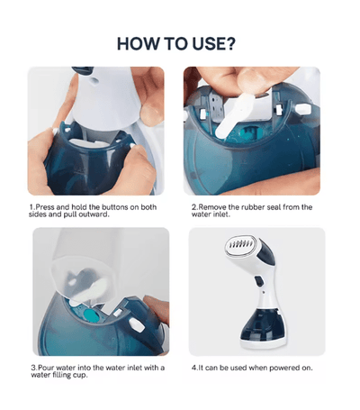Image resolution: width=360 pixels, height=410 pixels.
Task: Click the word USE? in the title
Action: (214, 44)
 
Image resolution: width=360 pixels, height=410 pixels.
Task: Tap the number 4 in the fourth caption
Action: (193, 368)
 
